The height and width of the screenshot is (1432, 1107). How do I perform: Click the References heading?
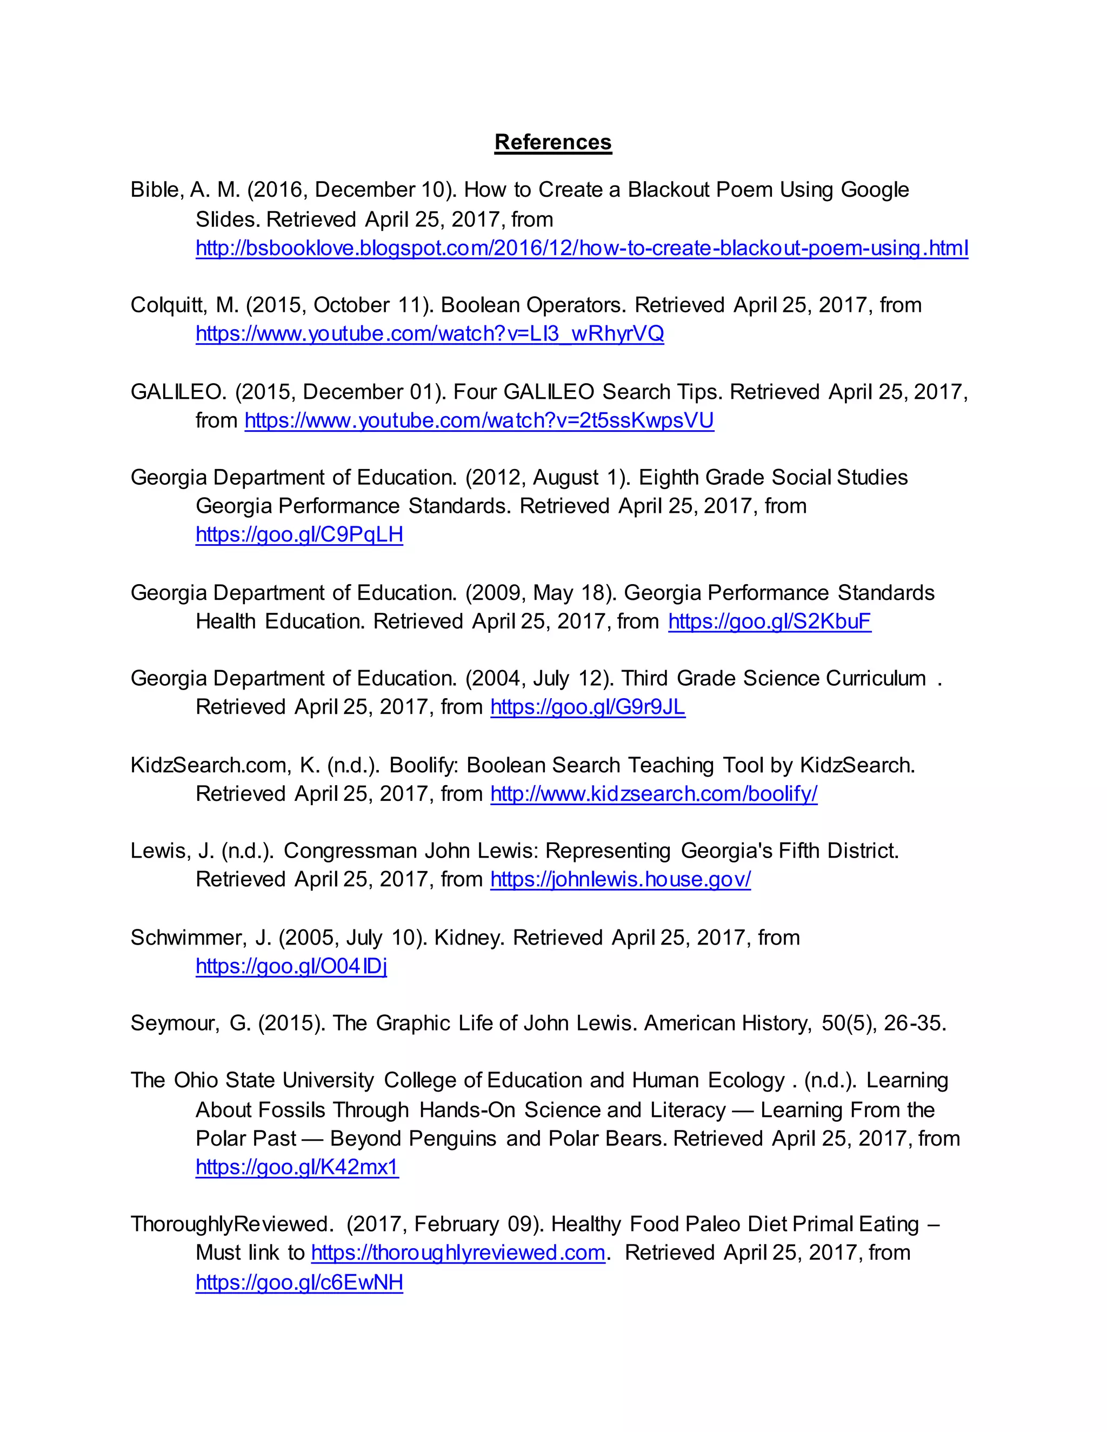coord(553,142)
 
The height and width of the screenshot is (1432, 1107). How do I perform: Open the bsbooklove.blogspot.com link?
coord(581,249)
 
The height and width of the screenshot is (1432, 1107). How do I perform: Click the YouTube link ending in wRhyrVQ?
coord(430,334)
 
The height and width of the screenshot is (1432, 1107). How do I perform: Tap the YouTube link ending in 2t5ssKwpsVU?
coord(479,420)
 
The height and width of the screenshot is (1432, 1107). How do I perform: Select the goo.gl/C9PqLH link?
coord(299,535)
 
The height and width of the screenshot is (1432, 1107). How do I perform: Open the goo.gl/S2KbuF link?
coord(769,621)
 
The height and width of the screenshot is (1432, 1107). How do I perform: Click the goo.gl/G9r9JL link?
coord(588,707)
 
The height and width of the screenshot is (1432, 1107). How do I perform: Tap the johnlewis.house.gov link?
coord(621,880)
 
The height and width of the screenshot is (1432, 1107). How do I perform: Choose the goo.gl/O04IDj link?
coord(291,967)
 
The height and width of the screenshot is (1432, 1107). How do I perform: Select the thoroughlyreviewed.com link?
coord(458,1253)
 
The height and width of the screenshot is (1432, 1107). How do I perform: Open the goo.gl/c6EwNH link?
coord(299,1282)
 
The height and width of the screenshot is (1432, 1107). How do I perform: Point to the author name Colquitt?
coord(169,305)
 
